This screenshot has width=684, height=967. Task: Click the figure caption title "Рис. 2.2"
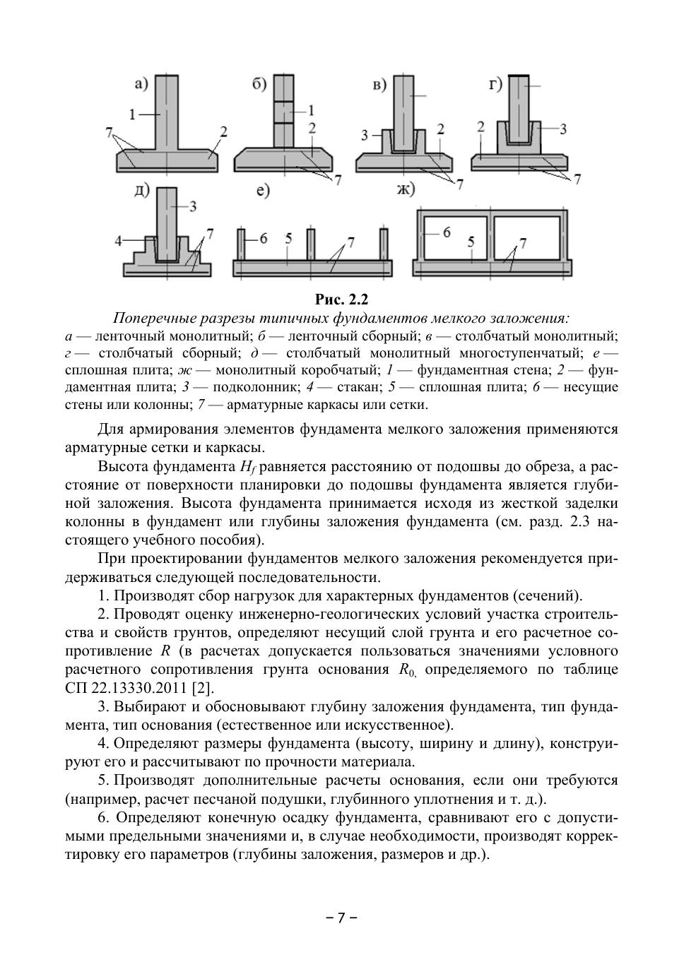pyautogui.click(x=342, y=299)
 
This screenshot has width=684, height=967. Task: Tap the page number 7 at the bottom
pyautogui.click(x=342, y=918)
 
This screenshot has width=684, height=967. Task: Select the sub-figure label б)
pyautogui.click(x=259, y=84)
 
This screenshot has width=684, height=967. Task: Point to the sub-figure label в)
pyautogui.click(x=379, y=85)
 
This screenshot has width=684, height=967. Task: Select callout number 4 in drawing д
pyautogui.click(x=119, y=240)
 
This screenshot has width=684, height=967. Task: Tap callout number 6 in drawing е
pyautogui.click(x=263, y=238)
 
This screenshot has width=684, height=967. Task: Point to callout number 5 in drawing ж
pyautogui.click(x=470, y=242)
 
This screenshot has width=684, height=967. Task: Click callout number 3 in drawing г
pyautogui.click(x=562, y=129)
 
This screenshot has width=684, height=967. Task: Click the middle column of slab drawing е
pyautogui.click(x=310, y=244)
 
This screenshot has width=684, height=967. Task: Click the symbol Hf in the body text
pyautogui.click(x=247, y=467)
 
